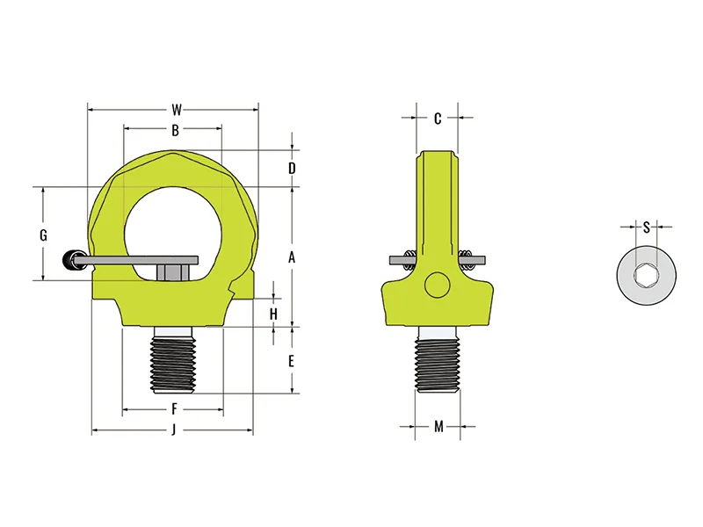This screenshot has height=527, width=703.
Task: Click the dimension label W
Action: coord(178,110)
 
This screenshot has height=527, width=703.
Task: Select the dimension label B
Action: coord(175,130)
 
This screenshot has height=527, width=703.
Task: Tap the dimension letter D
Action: coord(292,169)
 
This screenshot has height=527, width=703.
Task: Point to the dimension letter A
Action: coord(292,257)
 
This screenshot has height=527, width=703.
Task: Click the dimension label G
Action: coord(43,235)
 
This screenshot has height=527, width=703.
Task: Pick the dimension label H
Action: coord(273,314)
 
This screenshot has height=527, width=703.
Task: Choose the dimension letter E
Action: coord(292,361)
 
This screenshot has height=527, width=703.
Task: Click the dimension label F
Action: coord(174,409)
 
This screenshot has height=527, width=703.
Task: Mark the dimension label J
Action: coord(173,430)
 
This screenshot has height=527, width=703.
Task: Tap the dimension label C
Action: coord(438,119)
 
